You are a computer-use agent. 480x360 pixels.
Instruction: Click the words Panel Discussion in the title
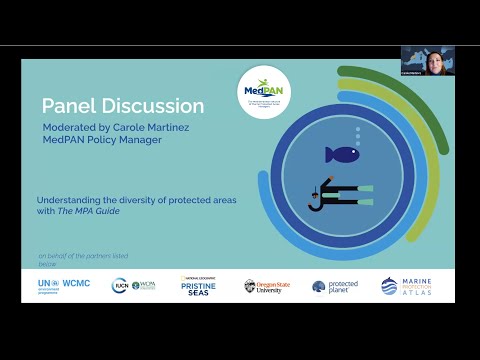(123, 106)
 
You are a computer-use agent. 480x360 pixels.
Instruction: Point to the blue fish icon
(341, 154)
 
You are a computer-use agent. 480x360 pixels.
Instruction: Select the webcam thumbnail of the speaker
(427, 60)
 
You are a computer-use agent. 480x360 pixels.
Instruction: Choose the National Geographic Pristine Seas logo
(199, 285)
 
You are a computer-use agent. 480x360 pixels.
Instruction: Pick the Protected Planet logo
(335, 286)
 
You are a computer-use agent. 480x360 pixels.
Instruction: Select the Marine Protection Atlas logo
(408, 286)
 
